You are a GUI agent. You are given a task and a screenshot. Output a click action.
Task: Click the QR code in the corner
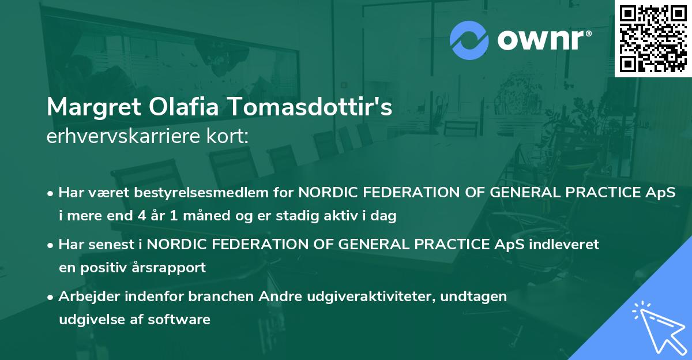click(x=653, y=39)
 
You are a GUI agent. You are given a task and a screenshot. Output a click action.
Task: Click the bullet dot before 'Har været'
click(x=51, y=193)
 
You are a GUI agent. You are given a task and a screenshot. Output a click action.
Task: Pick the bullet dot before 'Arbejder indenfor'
click(x=51, y=297)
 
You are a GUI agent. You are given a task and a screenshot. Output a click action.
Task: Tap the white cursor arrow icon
click(x=657, y=326)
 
